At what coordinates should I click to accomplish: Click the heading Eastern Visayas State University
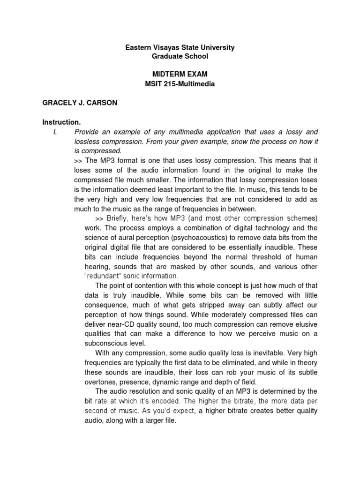click(x=180, y=48)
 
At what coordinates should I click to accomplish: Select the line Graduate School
click(x=180, y=56)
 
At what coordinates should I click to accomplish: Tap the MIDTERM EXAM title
click(x=180, y=75)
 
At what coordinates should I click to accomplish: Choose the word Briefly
click(x=119, y=218)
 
